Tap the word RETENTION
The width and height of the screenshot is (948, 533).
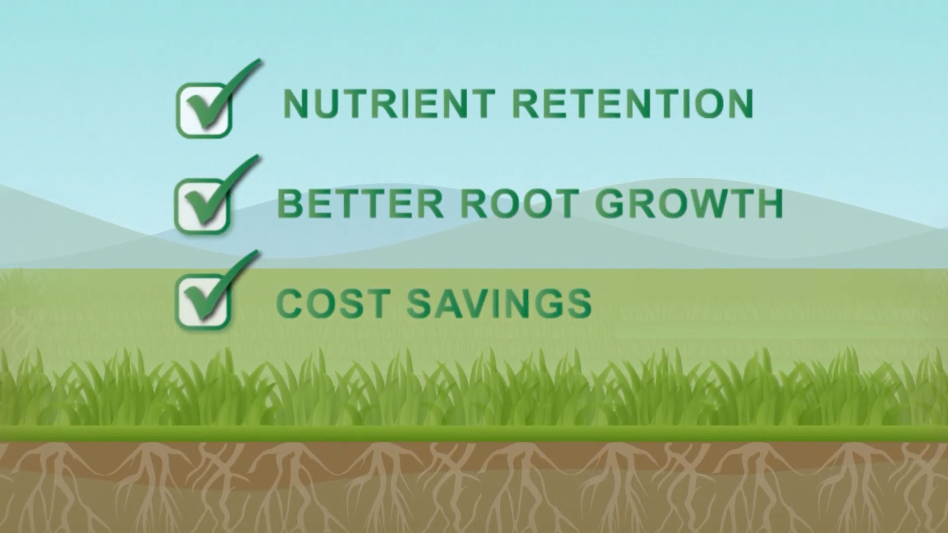point(632,103)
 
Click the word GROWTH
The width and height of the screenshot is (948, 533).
point(689,204)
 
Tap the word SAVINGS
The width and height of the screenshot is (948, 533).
point(500,304)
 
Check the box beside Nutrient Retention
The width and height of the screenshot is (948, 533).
point(203,111)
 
